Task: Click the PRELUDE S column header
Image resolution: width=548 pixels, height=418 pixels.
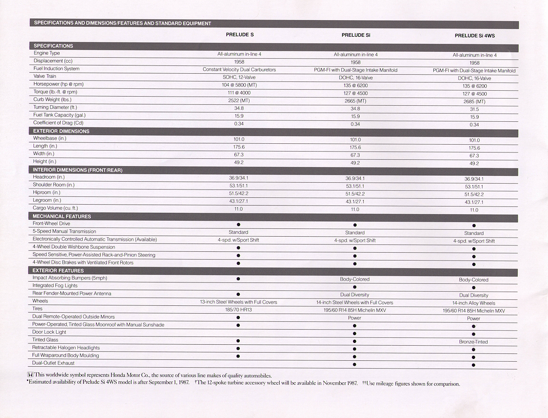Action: (239, 35)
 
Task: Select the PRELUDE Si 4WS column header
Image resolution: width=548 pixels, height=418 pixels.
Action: (475, 35)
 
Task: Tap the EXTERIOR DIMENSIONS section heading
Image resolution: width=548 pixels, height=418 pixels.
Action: (61, 131)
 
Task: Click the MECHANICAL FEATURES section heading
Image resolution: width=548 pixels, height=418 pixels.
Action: (62, 216)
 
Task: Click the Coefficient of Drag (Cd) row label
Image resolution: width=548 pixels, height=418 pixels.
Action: (58, 123)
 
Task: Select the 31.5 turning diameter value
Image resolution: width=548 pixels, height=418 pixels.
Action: (474, 109)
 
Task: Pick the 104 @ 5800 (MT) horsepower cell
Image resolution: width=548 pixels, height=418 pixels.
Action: (239, 85)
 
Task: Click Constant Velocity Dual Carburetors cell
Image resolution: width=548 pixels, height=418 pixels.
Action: (239, 70)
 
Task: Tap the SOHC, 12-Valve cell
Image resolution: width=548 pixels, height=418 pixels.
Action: (239, 77)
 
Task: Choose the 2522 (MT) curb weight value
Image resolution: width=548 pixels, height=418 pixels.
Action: (239, 100)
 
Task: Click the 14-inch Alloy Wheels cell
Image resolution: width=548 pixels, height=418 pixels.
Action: (474, 303)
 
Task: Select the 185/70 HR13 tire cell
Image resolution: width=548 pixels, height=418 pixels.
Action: (239, 310)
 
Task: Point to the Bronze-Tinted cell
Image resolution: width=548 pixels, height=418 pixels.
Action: (474, 342)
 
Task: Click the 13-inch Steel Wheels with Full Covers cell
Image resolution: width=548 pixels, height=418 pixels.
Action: (238, 302)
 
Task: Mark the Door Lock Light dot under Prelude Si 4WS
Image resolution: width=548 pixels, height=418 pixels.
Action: (474, 334)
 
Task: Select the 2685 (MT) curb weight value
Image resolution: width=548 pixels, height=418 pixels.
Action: (474, 102)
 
